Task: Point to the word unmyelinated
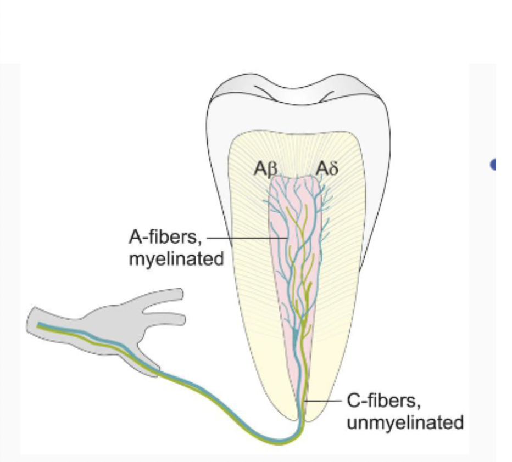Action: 404,423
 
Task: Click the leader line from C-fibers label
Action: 324,402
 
